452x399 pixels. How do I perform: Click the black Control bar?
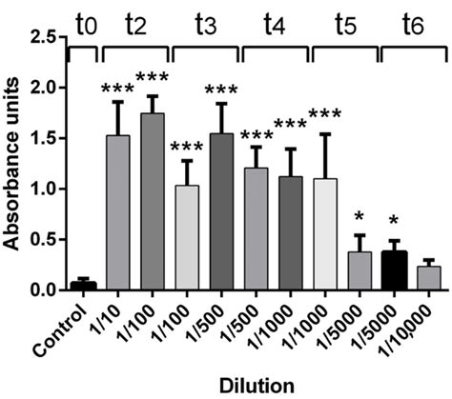pos(84,285)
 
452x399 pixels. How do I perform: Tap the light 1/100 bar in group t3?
pos(188,237)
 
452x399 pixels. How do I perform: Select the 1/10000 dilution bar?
pos(428,277)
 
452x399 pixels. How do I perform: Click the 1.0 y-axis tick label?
pos(44,189)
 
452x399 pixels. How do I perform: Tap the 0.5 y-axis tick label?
pos(44,239)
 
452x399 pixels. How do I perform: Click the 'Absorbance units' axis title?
pos(12,163)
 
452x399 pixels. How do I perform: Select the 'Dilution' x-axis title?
pos(255,388)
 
